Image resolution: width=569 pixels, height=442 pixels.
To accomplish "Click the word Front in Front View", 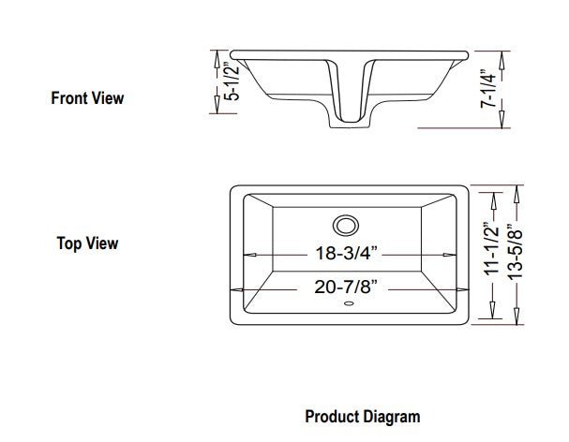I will point(68,97).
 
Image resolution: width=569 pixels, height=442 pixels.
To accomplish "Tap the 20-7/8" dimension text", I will point(347,287).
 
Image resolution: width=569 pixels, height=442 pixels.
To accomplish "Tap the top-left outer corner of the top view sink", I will point(231,188).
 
